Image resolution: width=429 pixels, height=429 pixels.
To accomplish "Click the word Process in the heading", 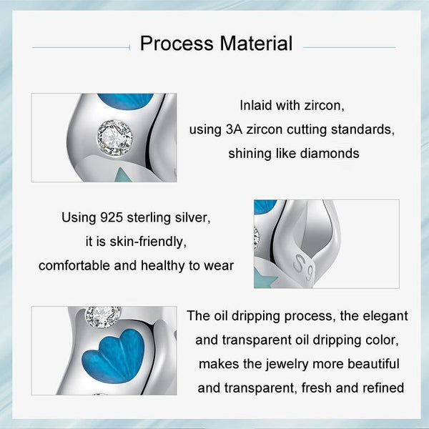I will click(x=177, y=43).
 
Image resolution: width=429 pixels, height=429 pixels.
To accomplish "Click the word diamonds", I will click(x=330, y=153).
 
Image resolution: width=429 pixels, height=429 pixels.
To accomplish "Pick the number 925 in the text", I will click(x=115, y=215).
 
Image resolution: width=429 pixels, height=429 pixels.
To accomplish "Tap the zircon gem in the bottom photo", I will click(x=103, y=315).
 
